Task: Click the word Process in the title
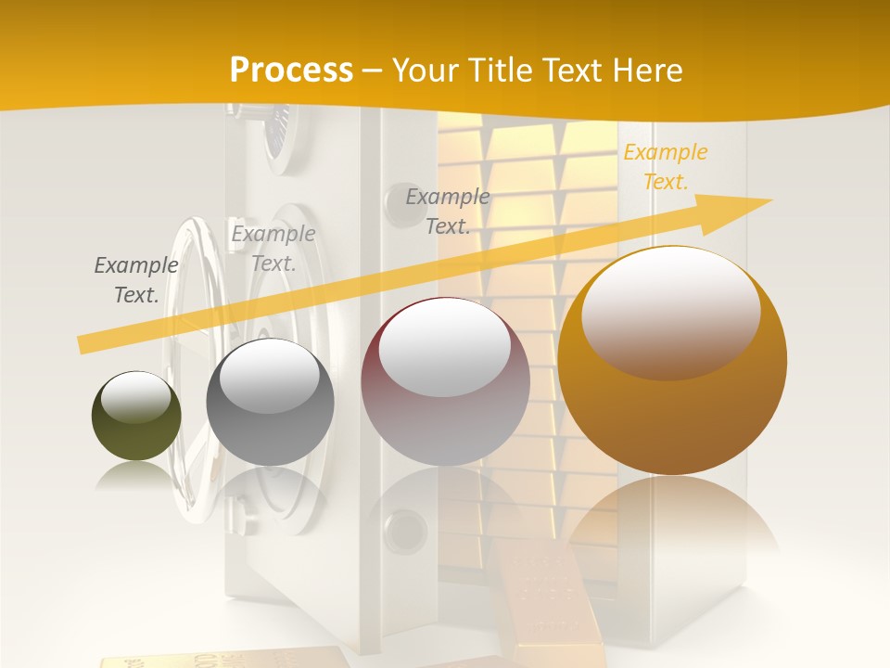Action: coord(291,70)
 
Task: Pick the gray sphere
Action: coord(270,403)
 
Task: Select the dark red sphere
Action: coord(445,381)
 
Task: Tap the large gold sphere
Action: coord(672,361)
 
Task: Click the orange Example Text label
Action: coord(665,167)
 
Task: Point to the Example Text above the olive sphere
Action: coord(136,279)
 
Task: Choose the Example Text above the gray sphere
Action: coord(273,248)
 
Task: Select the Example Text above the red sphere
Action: coord(448,211)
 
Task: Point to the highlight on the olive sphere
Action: coord(136,397)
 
